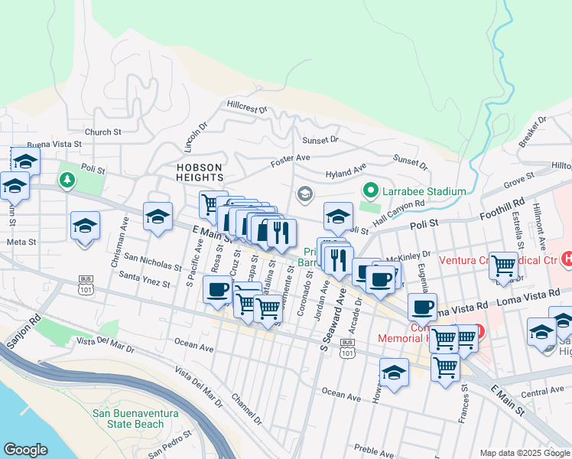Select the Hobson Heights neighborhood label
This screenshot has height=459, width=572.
pyautogui.click(x=199, y=173)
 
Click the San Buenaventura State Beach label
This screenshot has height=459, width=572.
pyautogui.click(x=135, y=418)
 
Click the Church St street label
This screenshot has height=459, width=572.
pyautogui.click(x=103, y=132)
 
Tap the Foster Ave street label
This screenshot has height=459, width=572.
pyautogui.click(x=290, y=161)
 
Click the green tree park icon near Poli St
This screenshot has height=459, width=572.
pyautogui.click(x=68, y=180)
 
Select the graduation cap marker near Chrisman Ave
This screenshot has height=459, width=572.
pyautogui.click(x=85, y=226)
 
